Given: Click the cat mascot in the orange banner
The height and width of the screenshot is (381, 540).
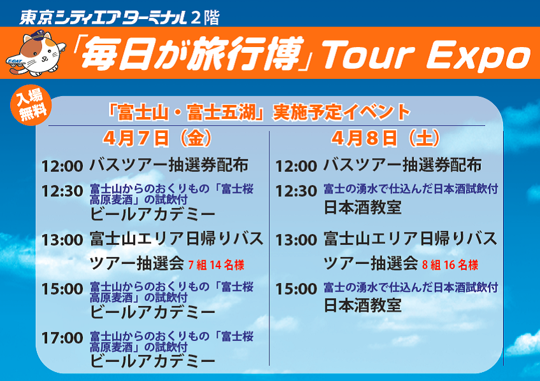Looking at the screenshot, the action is click(36, 53).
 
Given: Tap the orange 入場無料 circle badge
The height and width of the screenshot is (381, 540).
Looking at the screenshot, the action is click(31, 105).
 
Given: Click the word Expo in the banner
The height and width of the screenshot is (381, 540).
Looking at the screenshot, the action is click(479, 55).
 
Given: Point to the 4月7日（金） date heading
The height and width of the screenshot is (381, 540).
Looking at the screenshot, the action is click(157, 138).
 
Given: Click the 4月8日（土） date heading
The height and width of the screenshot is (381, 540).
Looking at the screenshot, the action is click(386, 138).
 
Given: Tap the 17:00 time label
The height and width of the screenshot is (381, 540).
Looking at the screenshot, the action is click(62, 338).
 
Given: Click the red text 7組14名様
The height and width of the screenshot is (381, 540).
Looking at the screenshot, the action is click(216, 265).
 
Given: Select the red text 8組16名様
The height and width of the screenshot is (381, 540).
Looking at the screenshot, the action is click(450, 265).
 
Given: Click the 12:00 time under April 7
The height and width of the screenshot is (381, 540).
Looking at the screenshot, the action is click(62, 167).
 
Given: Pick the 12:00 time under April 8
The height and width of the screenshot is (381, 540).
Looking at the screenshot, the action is click(296, 167).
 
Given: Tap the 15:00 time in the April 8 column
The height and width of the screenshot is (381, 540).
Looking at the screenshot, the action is click(296, 289).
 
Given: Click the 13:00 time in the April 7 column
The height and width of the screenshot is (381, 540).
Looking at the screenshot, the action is click(62, 240).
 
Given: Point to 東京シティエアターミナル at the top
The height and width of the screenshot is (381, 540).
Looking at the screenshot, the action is click(103, 18).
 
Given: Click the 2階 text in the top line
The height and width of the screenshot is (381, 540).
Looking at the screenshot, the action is click(205, 18).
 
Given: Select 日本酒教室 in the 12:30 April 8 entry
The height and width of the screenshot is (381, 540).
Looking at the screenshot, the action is click(362, 207).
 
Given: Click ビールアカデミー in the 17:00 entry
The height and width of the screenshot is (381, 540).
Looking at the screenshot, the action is click(153, 361).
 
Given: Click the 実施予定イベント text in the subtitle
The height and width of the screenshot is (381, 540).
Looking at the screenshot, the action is click(341, 112).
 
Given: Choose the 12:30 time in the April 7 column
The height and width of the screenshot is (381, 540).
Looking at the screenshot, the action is click(62, 191).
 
